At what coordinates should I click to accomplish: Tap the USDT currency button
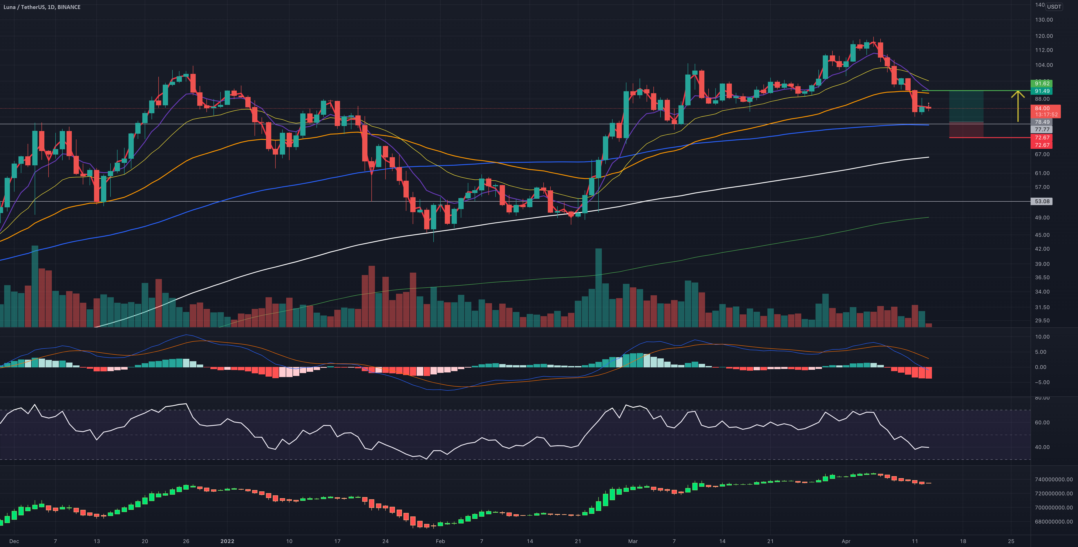1054,7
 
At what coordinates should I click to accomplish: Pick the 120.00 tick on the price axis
1044,36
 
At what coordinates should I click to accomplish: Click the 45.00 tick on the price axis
1042,235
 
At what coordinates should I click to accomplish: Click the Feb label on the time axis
440,541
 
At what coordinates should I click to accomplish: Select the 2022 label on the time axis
227,541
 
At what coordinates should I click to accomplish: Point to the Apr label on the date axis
846,541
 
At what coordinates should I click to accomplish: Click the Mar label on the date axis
633,541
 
